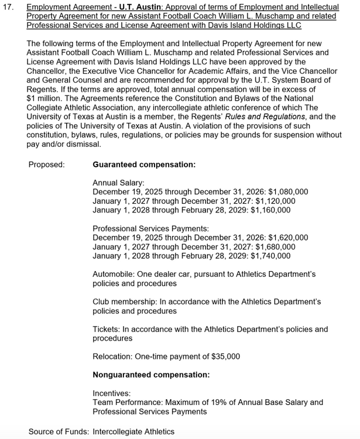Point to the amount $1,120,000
tap(275, 201)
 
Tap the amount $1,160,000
tap(270, 210)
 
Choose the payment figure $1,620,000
tap(288, 238)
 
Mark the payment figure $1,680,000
tap(275, 246)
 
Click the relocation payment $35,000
tap(223, 356)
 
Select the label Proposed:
tap(47, 164)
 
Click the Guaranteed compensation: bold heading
tap(144, 164)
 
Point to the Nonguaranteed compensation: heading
tap(151, 375)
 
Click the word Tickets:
tap(106, 329)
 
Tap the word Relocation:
tap(112, 356)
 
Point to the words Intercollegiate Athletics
tap(133, 431)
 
